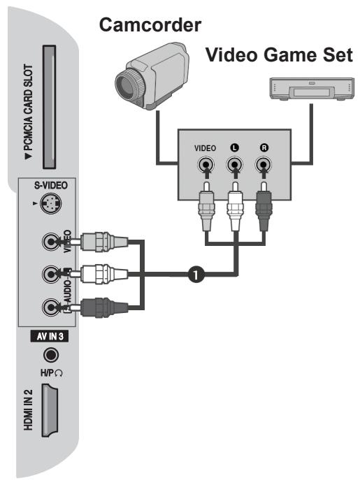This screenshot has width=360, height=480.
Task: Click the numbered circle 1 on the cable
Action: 197,275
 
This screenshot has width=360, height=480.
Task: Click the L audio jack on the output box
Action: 235,166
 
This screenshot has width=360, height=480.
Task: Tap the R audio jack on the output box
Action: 264,166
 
